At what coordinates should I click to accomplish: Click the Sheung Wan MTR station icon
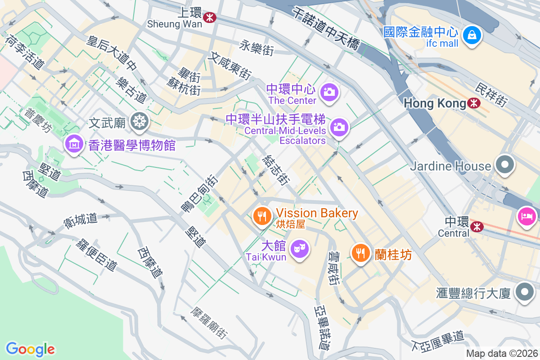coord(209,18)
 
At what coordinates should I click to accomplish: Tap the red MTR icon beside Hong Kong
coord(473,103)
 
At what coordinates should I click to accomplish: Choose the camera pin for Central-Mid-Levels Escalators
coord(339,127)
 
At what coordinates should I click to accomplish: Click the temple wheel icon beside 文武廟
coord(140,121)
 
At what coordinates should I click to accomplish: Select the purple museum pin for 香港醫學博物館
coord(73,144)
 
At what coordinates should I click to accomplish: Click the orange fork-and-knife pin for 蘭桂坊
coord(360,253)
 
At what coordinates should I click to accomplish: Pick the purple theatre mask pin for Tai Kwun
coord(299,249)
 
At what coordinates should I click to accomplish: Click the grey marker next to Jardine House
coord(505,165)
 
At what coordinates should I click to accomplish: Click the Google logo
coord(30,349)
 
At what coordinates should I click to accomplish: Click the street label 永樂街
coord(256,48)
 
